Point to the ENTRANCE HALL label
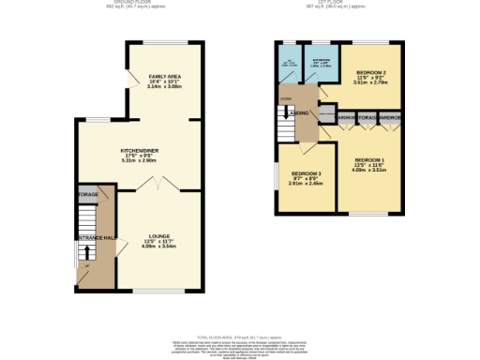94,238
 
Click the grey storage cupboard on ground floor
88,195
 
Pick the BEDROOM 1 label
369,160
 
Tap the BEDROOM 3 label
306,174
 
